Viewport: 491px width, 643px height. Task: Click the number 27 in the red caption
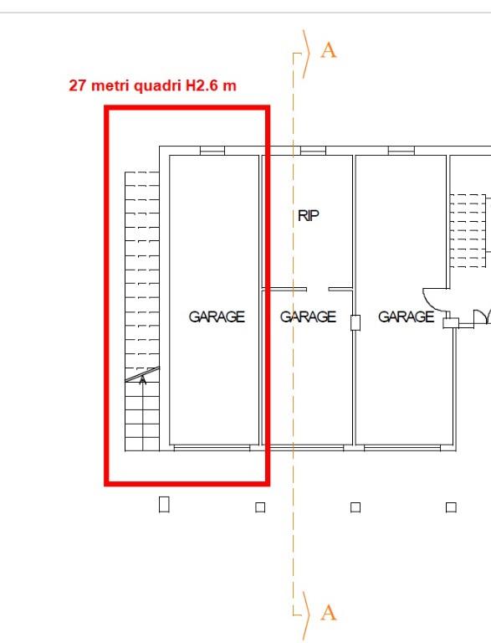78,85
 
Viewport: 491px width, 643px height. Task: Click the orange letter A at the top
329,50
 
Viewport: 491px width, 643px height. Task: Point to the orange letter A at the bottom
329,613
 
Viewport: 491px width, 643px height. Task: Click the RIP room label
309,215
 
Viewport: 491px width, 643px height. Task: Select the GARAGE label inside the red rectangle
217,316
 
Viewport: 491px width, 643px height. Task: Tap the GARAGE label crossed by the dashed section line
308,316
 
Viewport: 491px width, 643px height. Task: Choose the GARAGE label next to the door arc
406,316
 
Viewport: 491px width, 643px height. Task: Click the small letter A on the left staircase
143,380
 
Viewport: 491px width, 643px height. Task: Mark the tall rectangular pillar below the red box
164,504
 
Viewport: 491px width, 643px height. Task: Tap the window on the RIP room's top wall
313,151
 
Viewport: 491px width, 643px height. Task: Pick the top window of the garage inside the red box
212,151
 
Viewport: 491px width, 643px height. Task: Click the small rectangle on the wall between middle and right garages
355,322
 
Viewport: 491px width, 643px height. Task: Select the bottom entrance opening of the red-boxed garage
212,448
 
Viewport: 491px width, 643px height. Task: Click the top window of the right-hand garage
401,151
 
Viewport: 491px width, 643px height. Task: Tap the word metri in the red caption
110,85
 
